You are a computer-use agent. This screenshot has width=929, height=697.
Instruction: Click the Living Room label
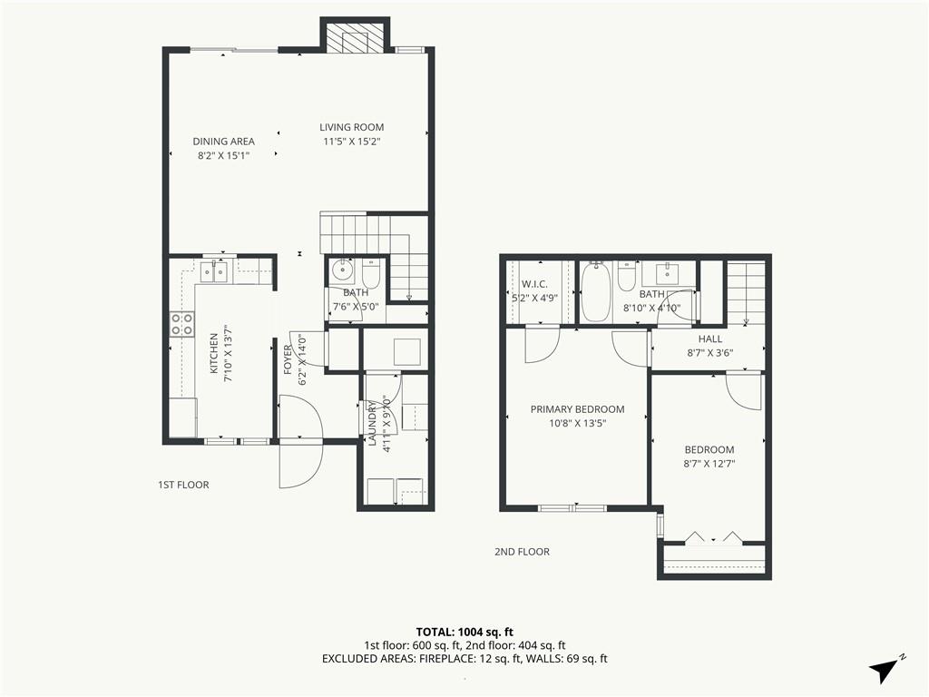point(351,127)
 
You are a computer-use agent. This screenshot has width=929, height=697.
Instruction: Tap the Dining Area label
point(223,142)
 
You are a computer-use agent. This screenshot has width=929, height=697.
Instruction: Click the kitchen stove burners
point(181,324)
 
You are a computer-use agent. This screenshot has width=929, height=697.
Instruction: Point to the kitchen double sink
point(213,272)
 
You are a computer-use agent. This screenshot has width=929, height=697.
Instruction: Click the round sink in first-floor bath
point(341,271)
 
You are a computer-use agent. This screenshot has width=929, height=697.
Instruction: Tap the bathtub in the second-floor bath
point(594,292)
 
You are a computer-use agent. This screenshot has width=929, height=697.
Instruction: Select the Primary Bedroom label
point(577,409)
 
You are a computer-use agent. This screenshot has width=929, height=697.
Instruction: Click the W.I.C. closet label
point(534,284)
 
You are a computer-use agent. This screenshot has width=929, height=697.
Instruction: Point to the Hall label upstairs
point(709,339)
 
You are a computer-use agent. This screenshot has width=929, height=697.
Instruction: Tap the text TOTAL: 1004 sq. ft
point(464,632)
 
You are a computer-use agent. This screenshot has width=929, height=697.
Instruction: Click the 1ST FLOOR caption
point(183,485)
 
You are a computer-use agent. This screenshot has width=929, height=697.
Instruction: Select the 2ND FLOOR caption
point(522,552)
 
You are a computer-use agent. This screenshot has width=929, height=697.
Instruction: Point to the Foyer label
point(288,359)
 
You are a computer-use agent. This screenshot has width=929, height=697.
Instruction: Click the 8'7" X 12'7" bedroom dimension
point(709,464)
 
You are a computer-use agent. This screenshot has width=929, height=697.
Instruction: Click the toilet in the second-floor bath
point(626,277)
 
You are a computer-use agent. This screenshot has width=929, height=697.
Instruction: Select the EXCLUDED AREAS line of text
point(464,659)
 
